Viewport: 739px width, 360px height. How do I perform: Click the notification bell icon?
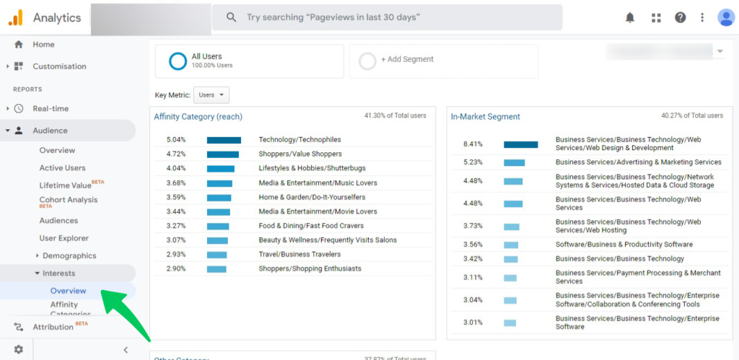(630, 17)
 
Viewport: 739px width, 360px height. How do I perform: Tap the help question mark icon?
(680, 17)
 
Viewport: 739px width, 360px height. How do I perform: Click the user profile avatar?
(725, 17)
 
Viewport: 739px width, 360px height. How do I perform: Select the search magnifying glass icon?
(232, 17)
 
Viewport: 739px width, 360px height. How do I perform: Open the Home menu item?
(43, 45)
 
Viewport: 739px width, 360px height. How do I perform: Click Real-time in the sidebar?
(51, 109)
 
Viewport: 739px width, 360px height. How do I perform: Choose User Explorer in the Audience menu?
(64, 238)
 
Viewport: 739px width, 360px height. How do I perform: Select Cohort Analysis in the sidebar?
(69, 200)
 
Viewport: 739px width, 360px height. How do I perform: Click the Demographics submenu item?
(69, 255)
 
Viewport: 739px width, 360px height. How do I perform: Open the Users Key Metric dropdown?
(211, 95)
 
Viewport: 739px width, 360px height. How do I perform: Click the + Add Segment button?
(407, 59)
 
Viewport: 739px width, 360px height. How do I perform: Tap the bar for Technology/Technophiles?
(224, 140)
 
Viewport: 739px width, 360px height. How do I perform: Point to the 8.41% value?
(473, 144)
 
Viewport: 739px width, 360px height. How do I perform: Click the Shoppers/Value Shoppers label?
(300, 154)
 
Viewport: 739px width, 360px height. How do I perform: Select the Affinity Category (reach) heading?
(198, 116)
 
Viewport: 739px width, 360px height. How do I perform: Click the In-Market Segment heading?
(486, 117)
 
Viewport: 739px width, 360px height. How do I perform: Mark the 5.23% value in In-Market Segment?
(473, 162)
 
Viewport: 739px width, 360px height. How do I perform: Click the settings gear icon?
(18, 349)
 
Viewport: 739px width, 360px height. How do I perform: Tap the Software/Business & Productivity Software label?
(624, 245)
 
